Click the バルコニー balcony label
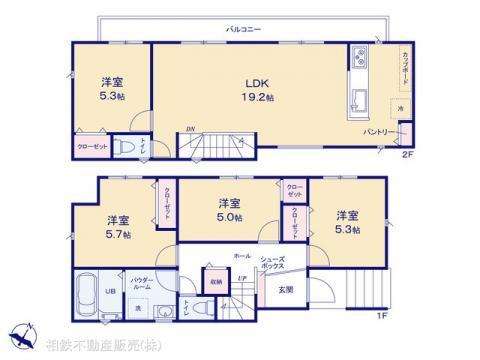(243, 30)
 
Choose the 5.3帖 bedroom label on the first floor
(346, 222)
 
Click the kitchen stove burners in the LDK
(357, 58)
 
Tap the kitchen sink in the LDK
(358, 98)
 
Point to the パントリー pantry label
(376, 130)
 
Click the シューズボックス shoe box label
(272, 264)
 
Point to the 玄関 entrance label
(286, 289)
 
